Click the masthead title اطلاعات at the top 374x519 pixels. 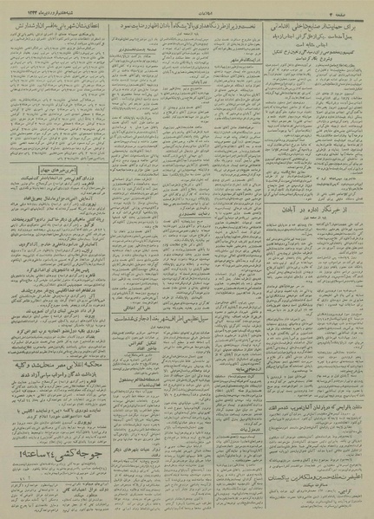(187, 7)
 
